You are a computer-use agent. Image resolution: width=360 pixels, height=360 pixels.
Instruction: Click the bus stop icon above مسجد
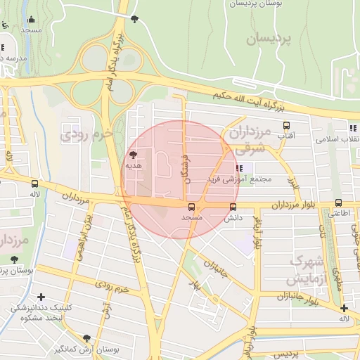pyautogui.click(x=191, y=207)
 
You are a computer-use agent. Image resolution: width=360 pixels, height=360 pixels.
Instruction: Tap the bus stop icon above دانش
pyautogui.click(x=233, y=207)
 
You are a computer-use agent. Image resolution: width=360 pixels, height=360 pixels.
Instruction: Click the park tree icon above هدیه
pyautogui.click(x=133, y=155)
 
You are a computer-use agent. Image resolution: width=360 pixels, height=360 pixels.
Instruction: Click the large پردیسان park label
pyautogui.click(x=268, y=39)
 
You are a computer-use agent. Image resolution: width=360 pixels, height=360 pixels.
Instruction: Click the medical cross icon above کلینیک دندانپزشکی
pyautogui.click(x=41, y=297)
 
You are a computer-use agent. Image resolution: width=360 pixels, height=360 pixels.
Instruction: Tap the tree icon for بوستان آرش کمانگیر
pyautogui.click(x=86, y=338)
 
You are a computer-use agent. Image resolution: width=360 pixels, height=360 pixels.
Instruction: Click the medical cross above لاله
pyautogui.click(x=344, y=308)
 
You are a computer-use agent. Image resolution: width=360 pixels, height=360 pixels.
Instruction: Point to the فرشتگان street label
pyautogui.click(x=186, y=161)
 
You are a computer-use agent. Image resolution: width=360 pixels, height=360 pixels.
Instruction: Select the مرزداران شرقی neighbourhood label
pyautogui.click(x=250, y=140)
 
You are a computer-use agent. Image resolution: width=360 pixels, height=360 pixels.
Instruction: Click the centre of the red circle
pyautogui.click(x=179, y=179)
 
